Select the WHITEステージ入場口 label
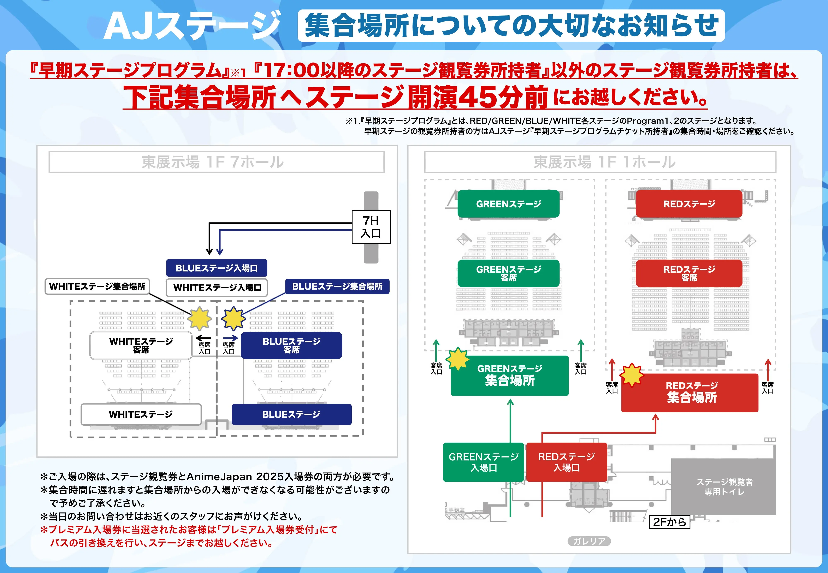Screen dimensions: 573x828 click(217, 288)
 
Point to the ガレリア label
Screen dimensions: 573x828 click(589, 541)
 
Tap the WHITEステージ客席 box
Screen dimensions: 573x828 click(141, 345)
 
